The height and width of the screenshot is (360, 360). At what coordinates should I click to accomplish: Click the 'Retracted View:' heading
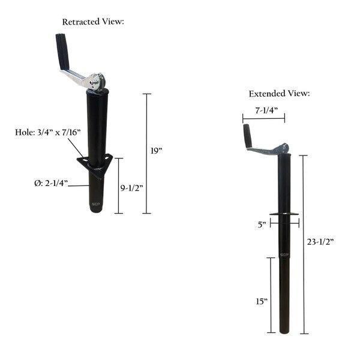coord(92,22)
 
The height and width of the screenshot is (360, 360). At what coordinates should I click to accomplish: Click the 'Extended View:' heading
coord(280,94)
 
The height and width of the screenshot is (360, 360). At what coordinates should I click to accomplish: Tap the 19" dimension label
coord(157,152)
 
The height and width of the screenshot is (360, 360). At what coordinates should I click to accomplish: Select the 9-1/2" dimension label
coord(131,188)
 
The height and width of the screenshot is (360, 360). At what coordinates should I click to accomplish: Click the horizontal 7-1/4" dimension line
coord(263,119)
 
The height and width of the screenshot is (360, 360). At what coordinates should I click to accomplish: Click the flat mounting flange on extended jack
coord(284,215)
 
